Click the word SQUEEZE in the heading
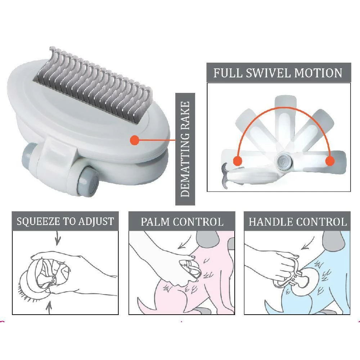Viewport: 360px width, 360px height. [x=38, y=221]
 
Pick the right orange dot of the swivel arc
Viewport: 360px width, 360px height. [x=329, y=161]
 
